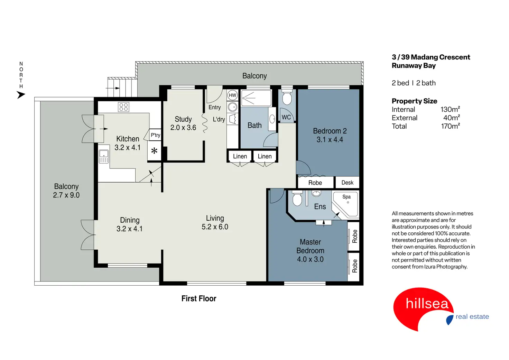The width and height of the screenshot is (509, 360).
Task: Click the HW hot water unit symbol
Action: [x=232, y=95]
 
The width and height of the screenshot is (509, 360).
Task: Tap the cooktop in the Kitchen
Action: [x=123, y=107]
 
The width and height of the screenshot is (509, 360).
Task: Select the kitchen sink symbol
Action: [x=104, y=156]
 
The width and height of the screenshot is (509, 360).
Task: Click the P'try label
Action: [x=155, y=135]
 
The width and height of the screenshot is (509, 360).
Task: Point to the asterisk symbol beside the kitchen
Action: [x=154, y=151]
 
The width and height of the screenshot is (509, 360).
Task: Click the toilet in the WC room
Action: [x=287, y=98]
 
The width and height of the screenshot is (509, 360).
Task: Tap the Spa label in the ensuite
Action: [x=346, y=197]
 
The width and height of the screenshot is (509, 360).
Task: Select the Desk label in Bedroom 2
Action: [x=347, y=183]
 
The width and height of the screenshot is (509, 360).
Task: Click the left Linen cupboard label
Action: [x=240, y=156]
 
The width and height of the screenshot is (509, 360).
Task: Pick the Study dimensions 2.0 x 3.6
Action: [x=183, y=128]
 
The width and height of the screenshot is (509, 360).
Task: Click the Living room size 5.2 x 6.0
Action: [x=215, y=227]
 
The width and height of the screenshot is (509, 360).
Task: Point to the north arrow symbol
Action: [x=21, y=94]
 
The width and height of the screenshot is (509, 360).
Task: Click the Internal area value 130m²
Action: [x=450, y=109]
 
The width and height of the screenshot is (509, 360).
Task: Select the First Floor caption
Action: [x=198, y=298]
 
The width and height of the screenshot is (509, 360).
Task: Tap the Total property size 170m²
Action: [x=450, y=126]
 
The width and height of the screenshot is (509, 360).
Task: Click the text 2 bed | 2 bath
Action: [x=414, y=83]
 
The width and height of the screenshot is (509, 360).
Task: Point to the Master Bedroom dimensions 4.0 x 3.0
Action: [x=310, y=259]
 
